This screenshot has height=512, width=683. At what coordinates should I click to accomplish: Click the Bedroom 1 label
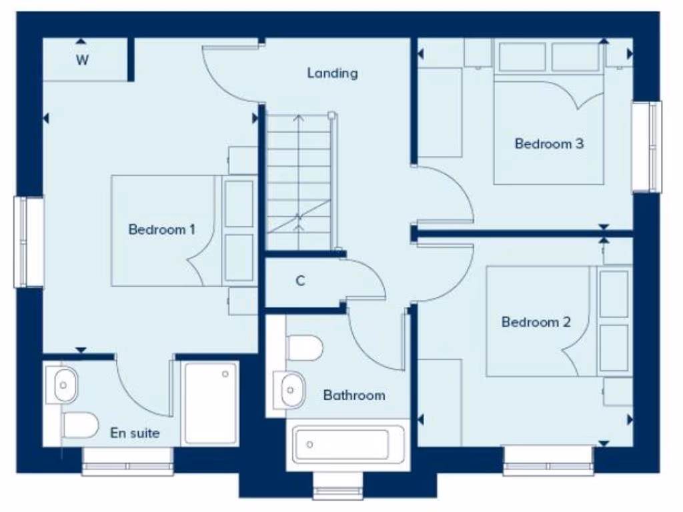pyautogui.click(x=161, y=230)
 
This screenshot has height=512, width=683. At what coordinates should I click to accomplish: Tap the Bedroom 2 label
pyautogui.click(x=536, y=323)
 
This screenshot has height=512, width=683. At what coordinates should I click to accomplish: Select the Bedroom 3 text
pyautogui.click(x=549, y=144)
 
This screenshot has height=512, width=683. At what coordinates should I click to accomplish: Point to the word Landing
pyautogui.click(x=332, y=73)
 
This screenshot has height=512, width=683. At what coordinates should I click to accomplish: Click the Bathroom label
pyautogui.click(x=354, y=395)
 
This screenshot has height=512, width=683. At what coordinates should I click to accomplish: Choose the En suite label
pyautogui.click(x=135, y=433)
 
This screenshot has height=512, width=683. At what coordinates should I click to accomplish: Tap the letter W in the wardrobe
pyautogui.click(x=82, y=61)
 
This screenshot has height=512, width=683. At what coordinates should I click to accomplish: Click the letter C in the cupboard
pyautogui.click(x=300, y=281)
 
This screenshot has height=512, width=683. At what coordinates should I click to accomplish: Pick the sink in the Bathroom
pyautogui.click(x=291, y=389)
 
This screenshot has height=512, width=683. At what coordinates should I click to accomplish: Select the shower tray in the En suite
pyautogui.click(x=211, y=403)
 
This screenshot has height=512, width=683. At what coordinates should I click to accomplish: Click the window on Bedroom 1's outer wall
pyautogui.click(x=29, y=242)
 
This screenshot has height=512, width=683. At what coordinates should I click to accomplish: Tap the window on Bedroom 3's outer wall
pyautogui.click(x=647, y=147)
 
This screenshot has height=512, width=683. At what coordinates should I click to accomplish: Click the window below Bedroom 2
pyautogui.click(x=548, y=460)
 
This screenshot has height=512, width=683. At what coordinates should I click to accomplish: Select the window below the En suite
pyautogui.click(x=127, y=461)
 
